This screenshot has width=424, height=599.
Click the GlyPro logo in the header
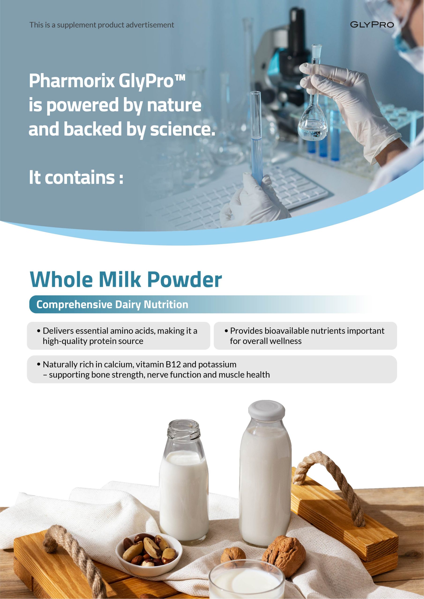click(x=372, y=25)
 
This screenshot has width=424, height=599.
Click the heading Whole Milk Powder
click(x=126, y=279)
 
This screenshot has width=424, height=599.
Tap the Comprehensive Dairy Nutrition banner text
click(x=112, y=304)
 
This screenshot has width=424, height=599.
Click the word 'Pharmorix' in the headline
click(x=72, y=81)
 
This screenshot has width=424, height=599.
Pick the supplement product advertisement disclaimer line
click(x=102, y=25)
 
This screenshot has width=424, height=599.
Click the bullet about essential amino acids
click(x=117, y=336)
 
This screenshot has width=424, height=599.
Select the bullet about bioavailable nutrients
click(x=305, y=336)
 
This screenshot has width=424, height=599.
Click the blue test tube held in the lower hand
click(x=256, y=138)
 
